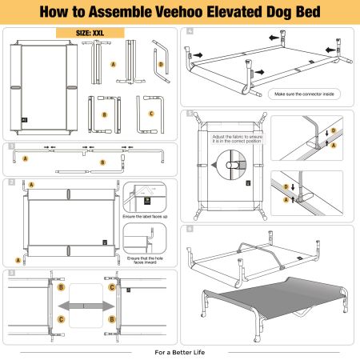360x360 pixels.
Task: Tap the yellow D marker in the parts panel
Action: [160, 64]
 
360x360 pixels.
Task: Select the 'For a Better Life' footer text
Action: [179, 351]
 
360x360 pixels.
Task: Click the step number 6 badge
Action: [190, 228]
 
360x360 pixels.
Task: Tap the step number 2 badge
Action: [10, 182]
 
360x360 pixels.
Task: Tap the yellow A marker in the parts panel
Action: [113, 64]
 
